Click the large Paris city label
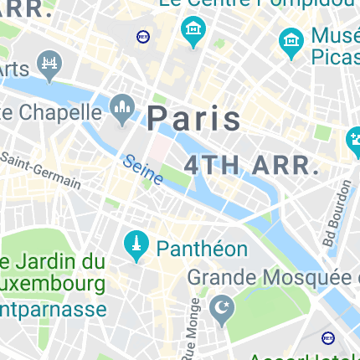pos(194,119)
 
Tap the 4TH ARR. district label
pos(252,164)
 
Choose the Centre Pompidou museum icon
pos(193,33)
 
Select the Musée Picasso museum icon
pos(291,43)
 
